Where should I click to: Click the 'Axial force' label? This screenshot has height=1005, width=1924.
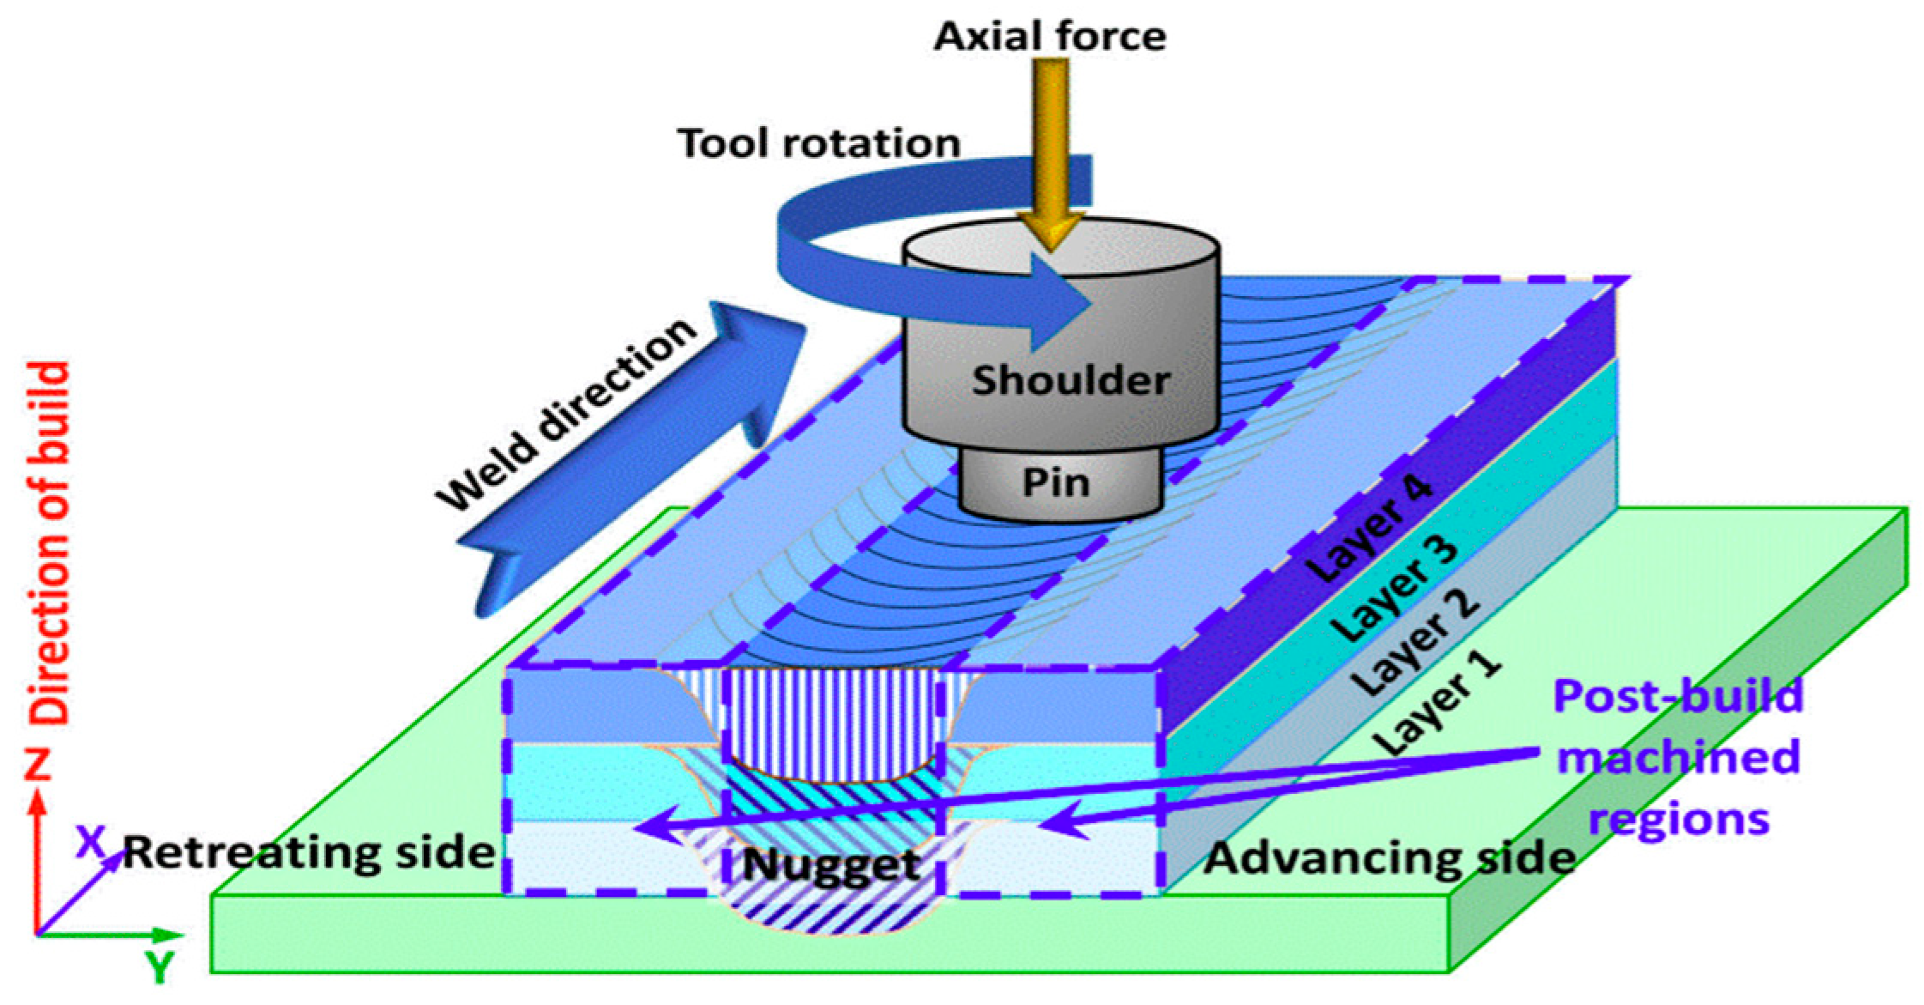tap(1049, 37)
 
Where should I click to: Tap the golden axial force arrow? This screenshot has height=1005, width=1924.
tap(1052, 154)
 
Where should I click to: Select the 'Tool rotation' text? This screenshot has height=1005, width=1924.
tap(818, 142)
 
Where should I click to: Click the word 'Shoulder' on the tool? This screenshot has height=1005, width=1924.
tap(1071, 380)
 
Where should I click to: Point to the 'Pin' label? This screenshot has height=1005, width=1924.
tap(1056, 482)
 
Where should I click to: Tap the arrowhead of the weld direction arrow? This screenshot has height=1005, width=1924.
tap(755, 360)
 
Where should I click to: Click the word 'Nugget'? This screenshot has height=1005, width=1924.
tap(831, 864)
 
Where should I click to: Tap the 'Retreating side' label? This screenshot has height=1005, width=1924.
tap(309, 853)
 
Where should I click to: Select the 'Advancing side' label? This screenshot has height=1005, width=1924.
tap(1389, 857)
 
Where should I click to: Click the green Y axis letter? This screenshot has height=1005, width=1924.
tap(160, 968)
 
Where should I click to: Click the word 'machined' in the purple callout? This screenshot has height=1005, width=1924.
tap(1678, 758)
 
